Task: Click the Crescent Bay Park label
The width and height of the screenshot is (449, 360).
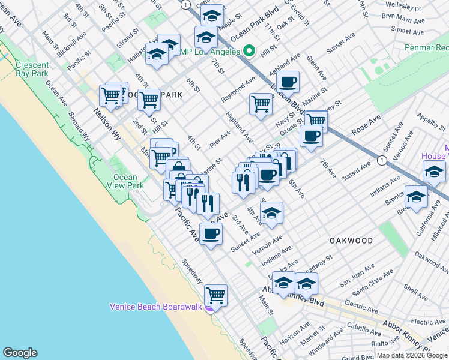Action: (x=32, y=69)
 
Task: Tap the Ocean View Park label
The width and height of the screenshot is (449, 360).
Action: (x=128, y=181)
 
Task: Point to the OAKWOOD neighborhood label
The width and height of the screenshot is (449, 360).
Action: (x=351, y=240)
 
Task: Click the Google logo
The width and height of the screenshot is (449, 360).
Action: (x=20, y=352)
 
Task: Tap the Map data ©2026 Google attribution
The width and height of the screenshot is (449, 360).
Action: (x=412, y=355)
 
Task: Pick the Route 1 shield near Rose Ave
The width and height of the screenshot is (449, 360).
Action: (x=381, y=160)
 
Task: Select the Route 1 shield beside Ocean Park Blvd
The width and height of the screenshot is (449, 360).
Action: (x=186, y=4)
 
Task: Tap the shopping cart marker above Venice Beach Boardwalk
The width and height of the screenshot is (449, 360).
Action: (x=215, y=295)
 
